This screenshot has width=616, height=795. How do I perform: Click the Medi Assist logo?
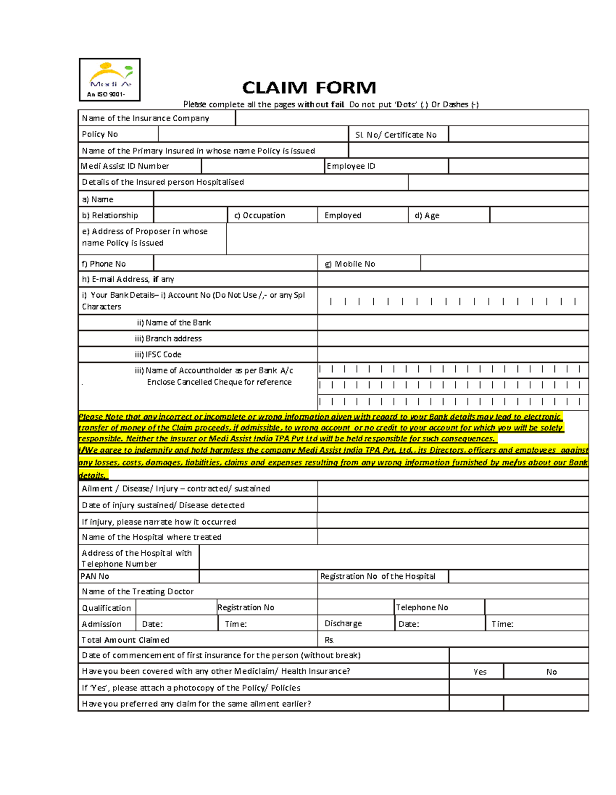tap(109, 80)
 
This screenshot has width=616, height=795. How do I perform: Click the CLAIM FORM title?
tap(309, 88)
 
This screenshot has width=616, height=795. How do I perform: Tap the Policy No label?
tap(100, 134)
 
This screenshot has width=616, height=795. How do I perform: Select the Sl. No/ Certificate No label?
tap(396, 134)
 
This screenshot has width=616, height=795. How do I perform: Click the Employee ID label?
tap(351, 166)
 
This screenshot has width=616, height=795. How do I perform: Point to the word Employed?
tap(343, 216)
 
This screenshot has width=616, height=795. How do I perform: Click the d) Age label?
tap(427, 216)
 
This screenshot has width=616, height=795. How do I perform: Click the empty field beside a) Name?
tap(371, 199)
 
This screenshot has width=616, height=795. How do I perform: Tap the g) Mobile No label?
tap(350, 264)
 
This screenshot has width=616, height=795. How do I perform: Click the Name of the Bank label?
tap(174, 323)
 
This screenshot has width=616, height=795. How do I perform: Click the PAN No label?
tap(95, 576)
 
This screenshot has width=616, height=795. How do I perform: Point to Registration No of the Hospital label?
tap(378, 576)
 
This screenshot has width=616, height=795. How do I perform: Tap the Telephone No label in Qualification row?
tap(422, 608)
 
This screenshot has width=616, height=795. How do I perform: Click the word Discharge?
tap(343, 624)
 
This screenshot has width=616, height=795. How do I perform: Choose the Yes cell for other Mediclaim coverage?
tap(479, 672)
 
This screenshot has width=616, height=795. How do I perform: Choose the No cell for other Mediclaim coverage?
tap(551, 672)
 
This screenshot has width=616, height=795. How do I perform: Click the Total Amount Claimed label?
tap(126, 640)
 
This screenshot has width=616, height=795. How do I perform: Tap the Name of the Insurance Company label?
tap(146, 119)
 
